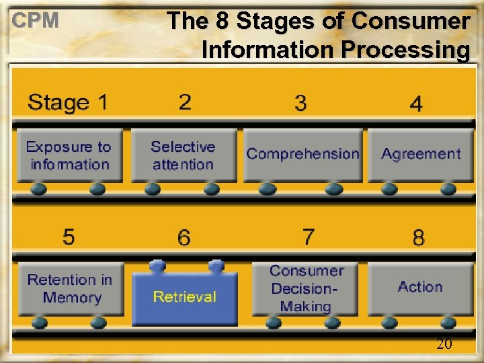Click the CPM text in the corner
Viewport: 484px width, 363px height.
tap(36, 21)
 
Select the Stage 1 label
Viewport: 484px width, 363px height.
tap(67, 103)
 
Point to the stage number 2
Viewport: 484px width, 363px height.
tap(185, 102)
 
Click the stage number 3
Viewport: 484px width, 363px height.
tap(300, 103)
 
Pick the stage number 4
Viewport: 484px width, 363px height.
tap(416, 104)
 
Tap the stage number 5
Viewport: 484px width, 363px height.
tap(69, 237)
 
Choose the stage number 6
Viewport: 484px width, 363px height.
tap(184, 237)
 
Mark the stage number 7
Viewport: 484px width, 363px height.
tap(308, 237)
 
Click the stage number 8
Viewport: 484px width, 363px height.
tap(418, 237)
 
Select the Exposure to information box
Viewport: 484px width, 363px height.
tap(69, 155)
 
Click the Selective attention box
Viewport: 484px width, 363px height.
tap(184, 155)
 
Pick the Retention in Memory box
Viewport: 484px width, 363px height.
tap(70, 288)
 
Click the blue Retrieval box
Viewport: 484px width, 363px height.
tap(185, 296)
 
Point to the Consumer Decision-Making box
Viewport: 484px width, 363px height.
tap(307, 288)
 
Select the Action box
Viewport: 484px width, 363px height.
tap(420, 287)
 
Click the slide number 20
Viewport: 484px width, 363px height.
tap(444, 344)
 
